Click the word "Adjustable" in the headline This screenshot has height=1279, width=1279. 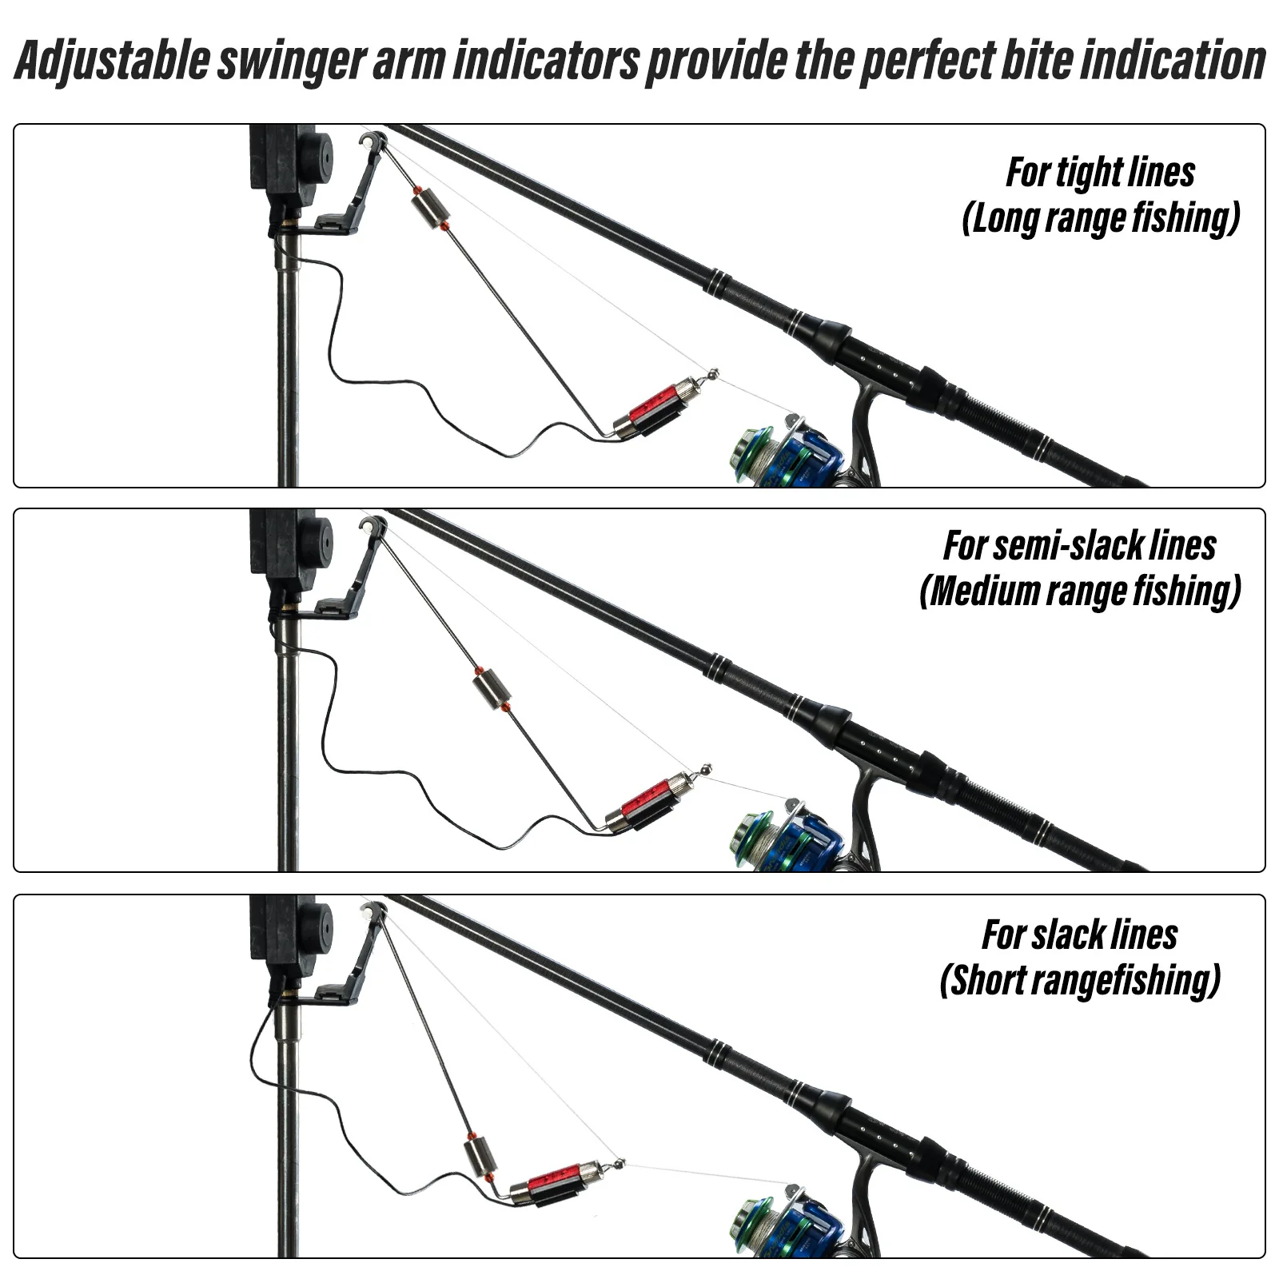coord(112,61)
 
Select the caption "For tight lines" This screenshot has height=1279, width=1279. coord(1100,173)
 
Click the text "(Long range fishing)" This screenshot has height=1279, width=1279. coord(1100,217)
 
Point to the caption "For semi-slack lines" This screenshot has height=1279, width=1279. coord(1079,546)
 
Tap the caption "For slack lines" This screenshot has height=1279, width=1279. coord(1079,934)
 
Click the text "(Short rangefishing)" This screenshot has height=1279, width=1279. coord(1079,980)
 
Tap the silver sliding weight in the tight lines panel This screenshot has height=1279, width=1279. coord(429,208)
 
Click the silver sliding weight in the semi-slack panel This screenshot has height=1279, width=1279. coord(491,690)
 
